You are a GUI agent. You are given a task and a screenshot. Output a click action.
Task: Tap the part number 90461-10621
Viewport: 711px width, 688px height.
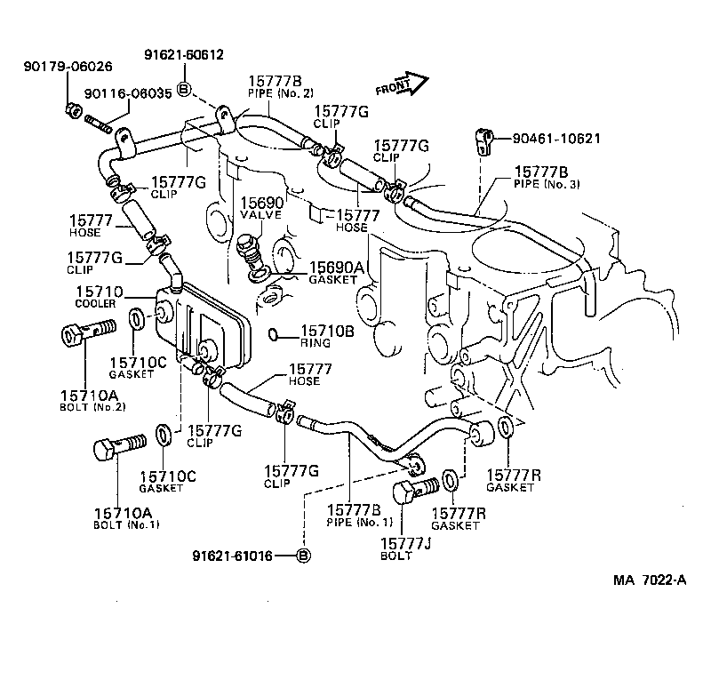[544, 139]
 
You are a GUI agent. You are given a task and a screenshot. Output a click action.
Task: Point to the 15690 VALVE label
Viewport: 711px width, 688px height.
[260, 209]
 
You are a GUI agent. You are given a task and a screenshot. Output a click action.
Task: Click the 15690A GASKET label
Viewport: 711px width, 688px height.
[336, 272]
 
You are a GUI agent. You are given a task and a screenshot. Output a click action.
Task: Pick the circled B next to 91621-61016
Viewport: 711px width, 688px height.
[302, 556]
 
